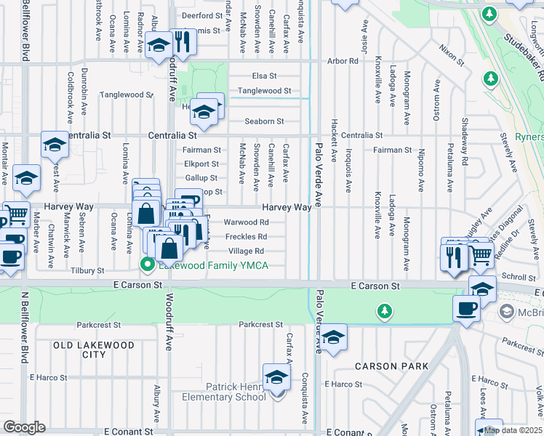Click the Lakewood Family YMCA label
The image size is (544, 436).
[x=212, y=265]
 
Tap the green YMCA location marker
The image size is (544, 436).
[x=147, y=265]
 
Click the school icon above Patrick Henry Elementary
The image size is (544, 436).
[x=276, y=378]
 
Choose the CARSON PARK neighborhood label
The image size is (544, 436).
[x=391, y=366]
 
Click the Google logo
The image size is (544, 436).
[x=24, y=427]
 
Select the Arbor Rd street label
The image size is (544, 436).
[x=343, y=61]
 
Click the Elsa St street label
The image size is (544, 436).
[x=265, y=76]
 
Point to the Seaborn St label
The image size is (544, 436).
[x=264, y=121]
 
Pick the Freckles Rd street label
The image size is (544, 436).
[x=246, y=236]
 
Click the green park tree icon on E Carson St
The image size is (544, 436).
[x=385, y=312]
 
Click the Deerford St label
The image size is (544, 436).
[x=201, y=15]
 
